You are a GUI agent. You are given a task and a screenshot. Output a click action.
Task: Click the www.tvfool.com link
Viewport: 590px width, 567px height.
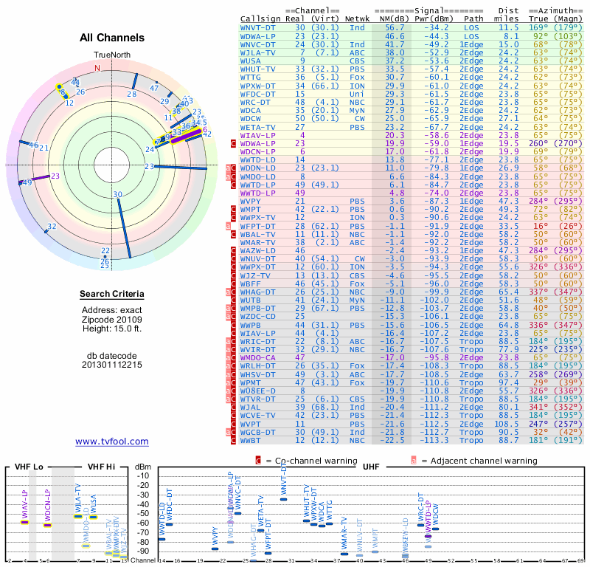111,441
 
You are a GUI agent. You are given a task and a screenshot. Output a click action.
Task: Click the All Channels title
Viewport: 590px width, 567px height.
112,38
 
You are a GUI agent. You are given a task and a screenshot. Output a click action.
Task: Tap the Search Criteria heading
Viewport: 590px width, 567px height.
112,295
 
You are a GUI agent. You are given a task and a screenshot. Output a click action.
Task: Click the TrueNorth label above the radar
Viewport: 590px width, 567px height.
111,55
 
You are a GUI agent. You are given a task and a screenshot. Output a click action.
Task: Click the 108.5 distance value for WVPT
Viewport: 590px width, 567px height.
507,424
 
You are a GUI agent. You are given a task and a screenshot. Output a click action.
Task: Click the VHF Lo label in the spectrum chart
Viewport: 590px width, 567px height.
29,467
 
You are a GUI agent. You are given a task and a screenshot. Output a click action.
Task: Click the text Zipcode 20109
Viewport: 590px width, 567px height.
112,320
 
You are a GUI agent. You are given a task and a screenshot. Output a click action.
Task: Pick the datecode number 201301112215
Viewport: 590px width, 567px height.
112,364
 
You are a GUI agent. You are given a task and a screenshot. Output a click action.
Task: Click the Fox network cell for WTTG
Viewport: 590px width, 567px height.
357,77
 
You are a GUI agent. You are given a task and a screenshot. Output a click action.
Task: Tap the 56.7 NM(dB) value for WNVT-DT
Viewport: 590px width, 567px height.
394,27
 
